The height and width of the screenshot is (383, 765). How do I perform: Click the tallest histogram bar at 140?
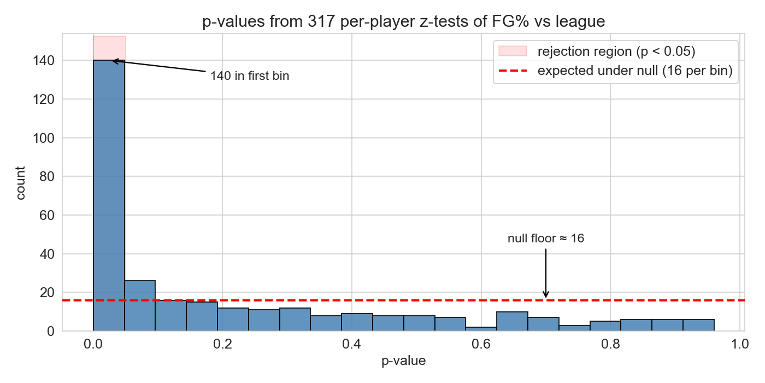(109, 196)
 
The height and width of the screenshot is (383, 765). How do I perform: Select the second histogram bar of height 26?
(140, 306)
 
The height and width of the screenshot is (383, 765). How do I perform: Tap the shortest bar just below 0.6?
(481, 329)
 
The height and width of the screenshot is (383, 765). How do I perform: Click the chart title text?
(403, 21)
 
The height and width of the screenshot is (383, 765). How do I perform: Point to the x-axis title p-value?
(403, 361)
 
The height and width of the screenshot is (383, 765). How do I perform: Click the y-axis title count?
(20, 183)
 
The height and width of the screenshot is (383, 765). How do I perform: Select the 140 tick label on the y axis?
(43, 61)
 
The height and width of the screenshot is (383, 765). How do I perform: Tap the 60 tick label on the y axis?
(47, 216)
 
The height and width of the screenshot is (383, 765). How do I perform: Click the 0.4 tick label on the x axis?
(352, 344)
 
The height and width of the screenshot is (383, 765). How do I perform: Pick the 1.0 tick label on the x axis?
(740, 344)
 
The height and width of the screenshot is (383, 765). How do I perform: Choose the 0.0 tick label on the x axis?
(93, 344)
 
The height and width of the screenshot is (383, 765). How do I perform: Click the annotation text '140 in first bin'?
(250, 76)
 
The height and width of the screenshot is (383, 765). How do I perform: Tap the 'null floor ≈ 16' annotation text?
(546, 239)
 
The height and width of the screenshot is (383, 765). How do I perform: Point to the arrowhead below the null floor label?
(546, 295)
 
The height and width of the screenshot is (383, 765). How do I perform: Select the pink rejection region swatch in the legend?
(513, 51)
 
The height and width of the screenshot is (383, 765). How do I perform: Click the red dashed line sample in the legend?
(513, 71)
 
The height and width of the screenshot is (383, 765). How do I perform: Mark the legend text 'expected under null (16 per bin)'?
(635, 71)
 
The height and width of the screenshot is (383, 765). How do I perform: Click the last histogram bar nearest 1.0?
(698, 325)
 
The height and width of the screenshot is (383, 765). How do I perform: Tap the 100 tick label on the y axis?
(43, 138)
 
